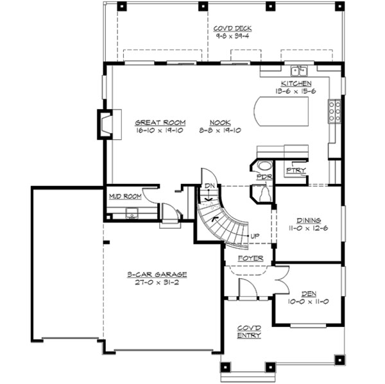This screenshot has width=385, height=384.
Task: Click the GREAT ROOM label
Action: (x=160, y=122)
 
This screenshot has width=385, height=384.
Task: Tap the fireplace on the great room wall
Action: (x=105, y=123)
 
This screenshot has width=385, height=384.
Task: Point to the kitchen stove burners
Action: (x=334, y=112)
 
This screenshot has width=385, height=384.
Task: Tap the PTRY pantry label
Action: (x=296, y=170)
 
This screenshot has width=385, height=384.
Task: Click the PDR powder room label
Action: (x=262, y=176)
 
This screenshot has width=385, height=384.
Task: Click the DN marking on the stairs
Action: (x=207, y=187)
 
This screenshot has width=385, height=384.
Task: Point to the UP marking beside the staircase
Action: (x=255, y=237)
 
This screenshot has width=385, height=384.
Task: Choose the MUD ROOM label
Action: (x=124, y=196)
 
